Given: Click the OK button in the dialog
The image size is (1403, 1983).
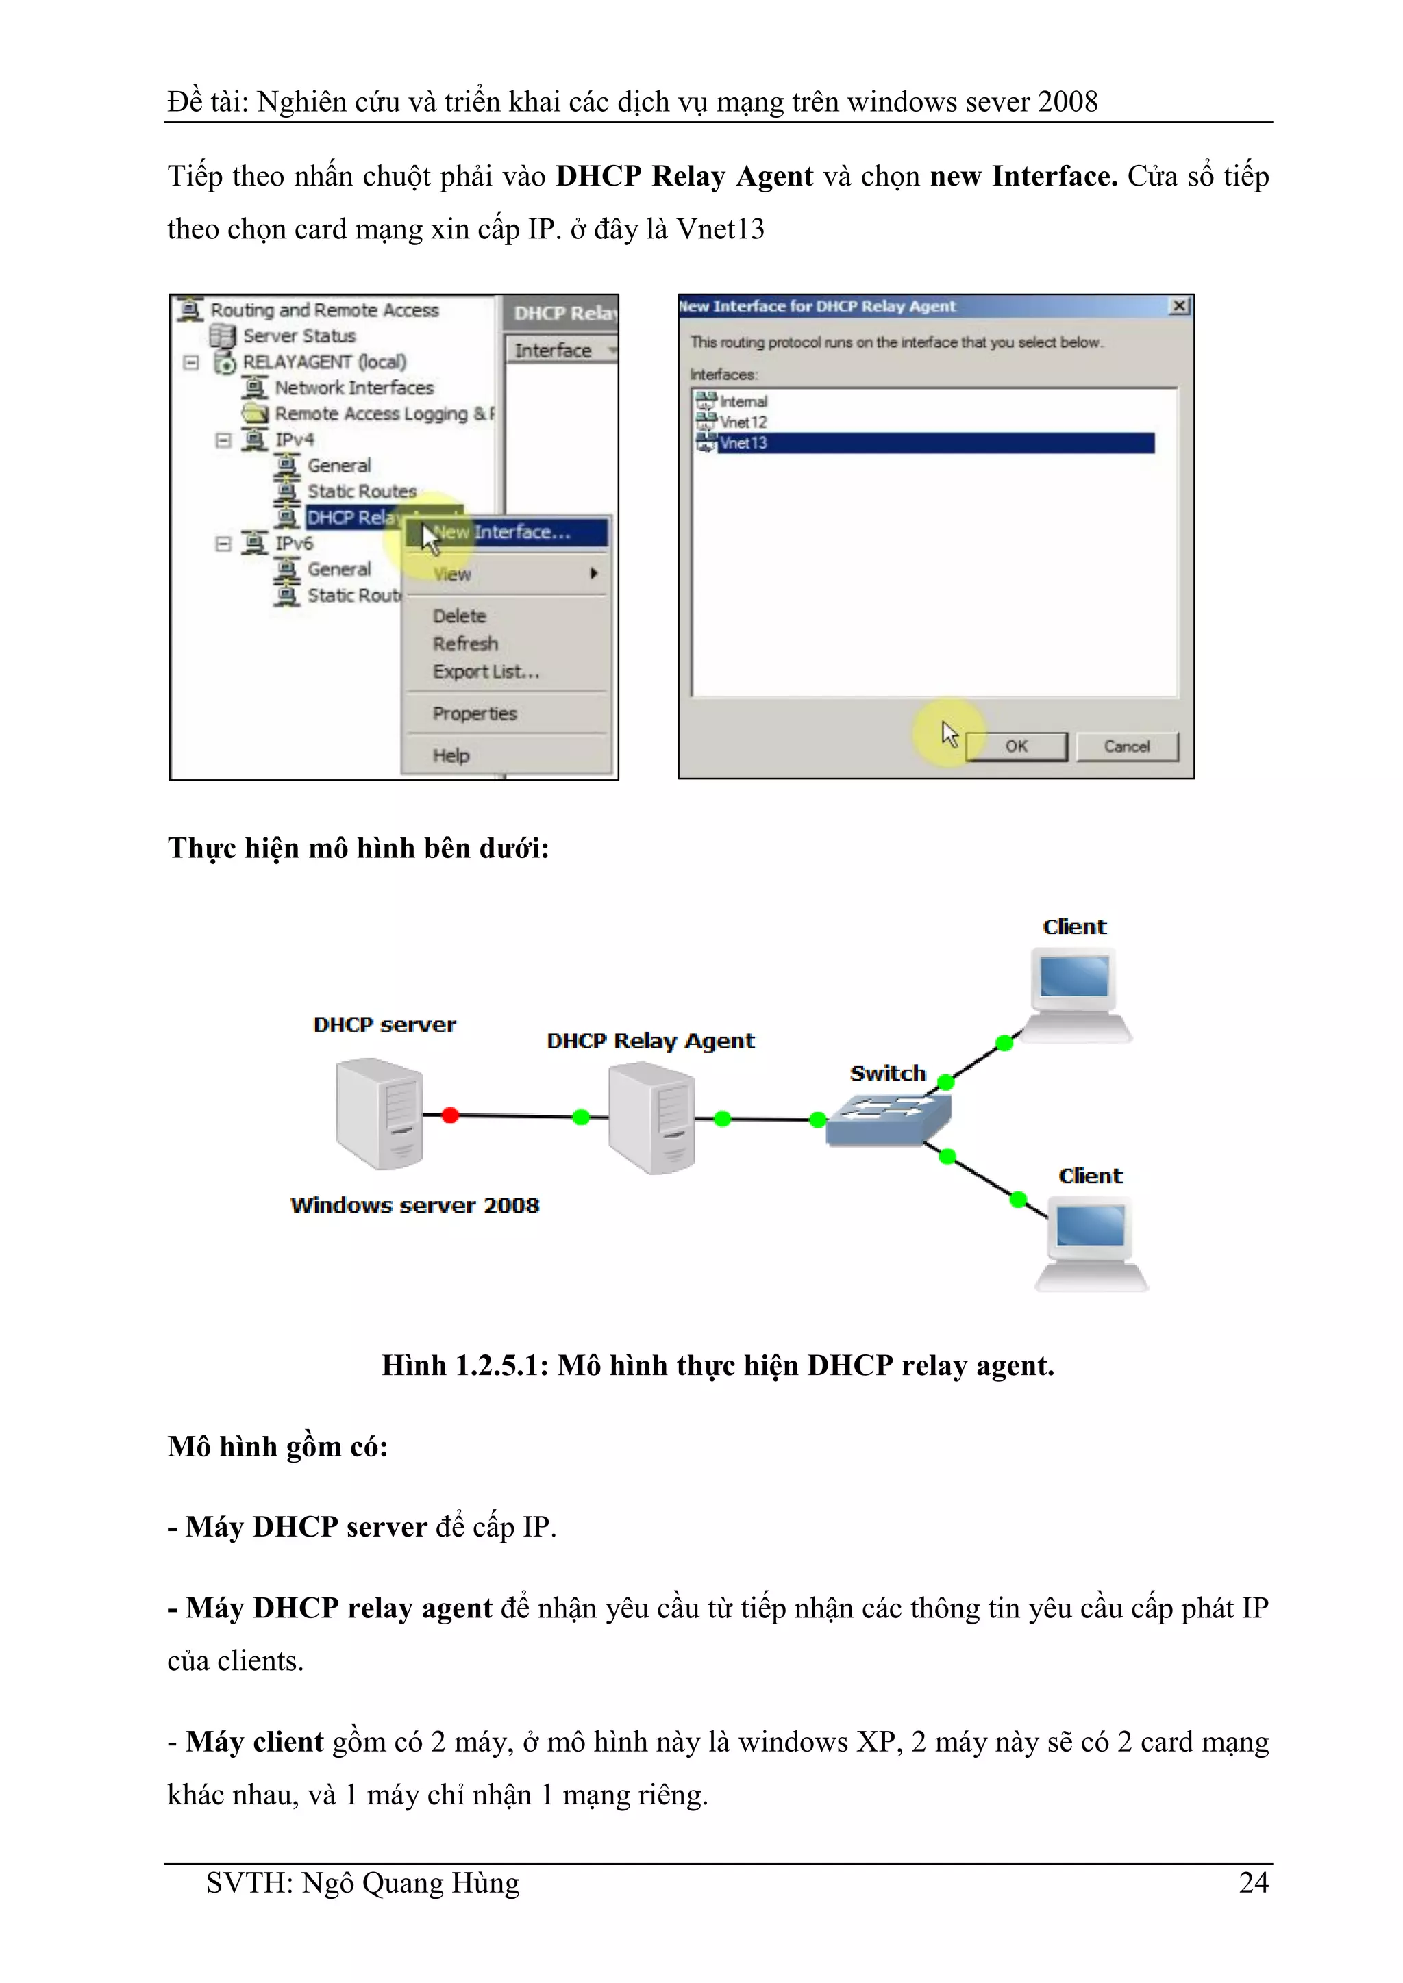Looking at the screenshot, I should click(1016, 746).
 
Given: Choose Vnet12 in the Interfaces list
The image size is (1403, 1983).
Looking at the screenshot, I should click(743, 422).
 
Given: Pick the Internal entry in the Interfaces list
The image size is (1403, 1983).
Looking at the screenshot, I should click(743, 402).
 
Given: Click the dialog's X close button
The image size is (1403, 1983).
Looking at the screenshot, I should click(1178, 306).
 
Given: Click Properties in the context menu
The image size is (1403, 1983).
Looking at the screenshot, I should click(474, 713).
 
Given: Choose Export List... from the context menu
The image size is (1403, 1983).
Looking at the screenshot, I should click(486, 671).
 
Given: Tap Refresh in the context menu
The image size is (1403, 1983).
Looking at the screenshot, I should click(464, 644).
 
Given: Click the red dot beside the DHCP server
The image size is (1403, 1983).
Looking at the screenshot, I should click(450, 1115).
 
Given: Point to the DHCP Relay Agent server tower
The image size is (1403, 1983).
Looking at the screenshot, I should click(651, 1117).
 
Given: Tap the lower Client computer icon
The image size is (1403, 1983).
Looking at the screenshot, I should click(1092, 1243).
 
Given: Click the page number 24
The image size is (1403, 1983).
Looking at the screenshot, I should click(1254, 1883).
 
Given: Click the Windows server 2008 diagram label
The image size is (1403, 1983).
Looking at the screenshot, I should click(414, 1205).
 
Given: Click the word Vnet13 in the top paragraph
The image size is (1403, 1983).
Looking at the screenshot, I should click(721, 229).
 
